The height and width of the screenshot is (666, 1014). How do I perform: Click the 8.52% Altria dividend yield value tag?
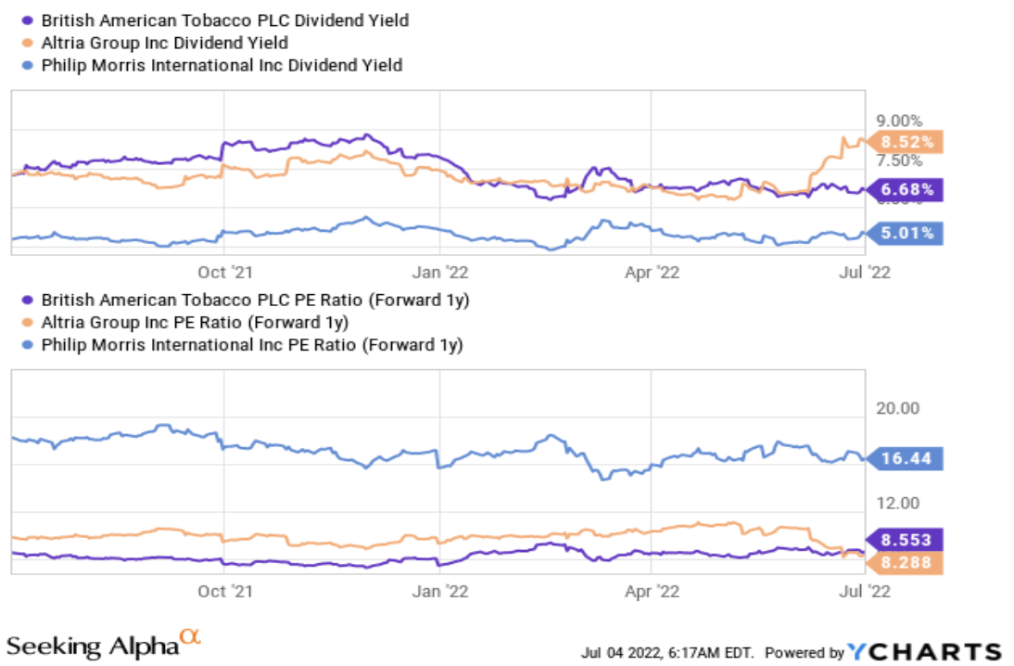tap(908, 142)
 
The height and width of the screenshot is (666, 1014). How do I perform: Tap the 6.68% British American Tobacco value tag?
tap(908, 190)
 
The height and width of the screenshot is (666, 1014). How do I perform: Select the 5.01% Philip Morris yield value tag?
tap(908, 232)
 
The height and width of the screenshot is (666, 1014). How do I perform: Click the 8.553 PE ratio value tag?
tap(906, 540)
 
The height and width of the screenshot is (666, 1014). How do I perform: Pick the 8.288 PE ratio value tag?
tap(906, 561)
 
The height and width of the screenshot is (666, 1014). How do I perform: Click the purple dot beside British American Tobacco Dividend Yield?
tap(28, 19)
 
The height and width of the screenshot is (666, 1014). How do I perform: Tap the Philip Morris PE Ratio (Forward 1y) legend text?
tap(250, 345)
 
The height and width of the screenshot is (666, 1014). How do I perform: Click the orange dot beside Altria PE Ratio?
tap(28, 323)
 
